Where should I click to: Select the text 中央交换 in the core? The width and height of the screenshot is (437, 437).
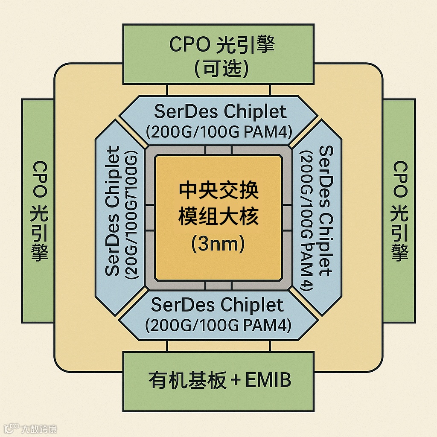coord(218,191)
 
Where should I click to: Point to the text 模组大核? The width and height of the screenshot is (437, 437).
coord(218,217)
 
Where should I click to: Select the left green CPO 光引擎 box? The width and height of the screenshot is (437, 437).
coord(38,211)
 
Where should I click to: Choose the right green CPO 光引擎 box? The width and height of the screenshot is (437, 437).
coord(399,211)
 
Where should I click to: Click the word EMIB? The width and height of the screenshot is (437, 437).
coord(268,380)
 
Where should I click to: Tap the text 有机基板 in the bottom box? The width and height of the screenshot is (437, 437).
coord(187,380)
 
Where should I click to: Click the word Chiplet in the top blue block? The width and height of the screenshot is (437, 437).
coord(255,112)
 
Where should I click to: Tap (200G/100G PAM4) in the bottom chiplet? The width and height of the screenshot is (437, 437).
coord(218,326)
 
